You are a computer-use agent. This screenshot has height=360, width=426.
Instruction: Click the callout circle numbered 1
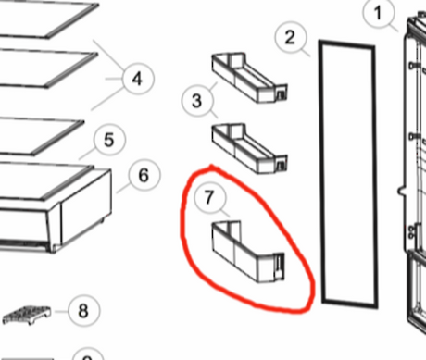(x=379, y=14)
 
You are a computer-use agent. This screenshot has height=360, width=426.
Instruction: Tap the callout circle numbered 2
(x=291, y=37)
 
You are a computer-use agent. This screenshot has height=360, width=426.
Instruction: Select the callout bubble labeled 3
(x=197, y=101)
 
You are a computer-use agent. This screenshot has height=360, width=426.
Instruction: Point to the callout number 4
(x=138, y=79)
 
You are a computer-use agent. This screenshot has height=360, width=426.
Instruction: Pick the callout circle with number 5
(x=109, y=140)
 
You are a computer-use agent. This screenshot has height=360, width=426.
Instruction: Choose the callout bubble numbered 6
(x=144, y=175)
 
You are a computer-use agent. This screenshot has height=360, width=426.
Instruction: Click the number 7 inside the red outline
(x=209, y=197)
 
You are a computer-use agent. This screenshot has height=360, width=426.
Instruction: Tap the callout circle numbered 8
(x=83, y=311)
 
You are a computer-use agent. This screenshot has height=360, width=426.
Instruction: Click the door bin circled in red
(x=248, y=251)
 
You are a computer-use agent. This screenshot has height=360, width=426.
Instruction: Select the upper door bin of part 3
(x=249, y=78)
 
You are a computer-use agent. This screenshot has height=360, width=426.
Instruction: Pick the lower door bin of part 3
(x=249, y=149)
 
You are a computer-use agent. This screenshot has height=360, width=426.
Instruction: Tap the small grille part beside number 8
(x=27, y=315)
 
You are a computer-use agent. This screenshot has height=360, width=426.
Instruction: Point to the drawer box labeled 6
(x=56, y=206)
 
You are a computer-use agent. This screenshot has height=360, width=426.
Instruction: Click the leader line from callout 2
(x=305, y=52)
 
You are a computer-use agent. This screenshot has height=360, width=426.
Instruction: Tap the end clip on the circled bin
(x=279, y=265)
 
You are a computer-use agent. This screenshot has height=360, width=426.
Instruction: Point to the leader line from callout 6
(x=123, y=189)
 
